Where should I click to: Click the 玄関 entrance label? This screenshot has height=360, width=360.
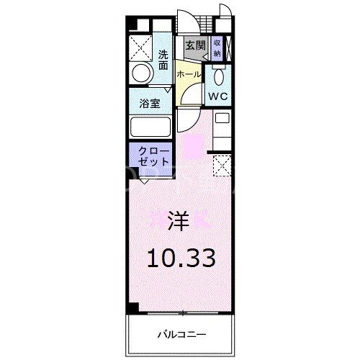tap(195, 45)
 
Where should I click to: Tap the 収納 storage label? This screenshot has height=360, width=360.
tap(217, 48)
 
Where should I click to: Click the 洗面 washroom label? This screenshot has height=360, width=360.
tap(164, 59)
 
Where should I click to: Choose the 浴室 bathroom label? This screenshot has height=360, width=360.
tap(149, 102)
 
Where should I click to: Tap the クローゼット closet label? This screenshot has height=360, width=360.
tap(150, 156)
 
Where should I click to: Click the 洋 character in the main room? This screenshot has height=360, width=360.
tap(180, 220)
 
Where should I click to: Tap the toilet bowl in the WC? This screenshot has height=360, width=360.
tap(220, 77)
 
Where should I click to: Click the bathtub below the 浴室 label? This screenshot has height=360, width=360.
tap(149, 127)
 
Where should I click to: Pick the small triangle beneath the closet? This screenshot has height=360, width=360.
tap(145, 180)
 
